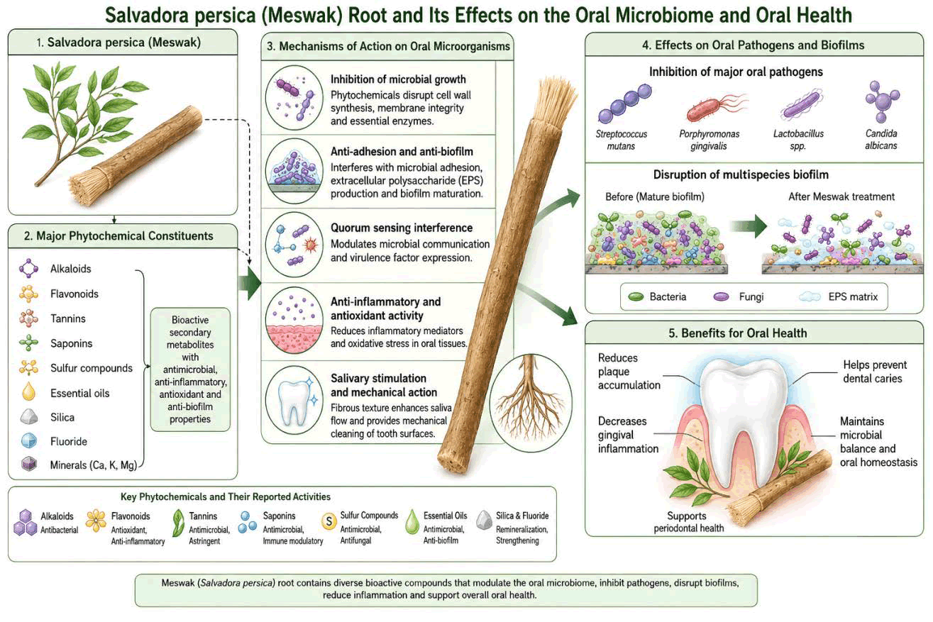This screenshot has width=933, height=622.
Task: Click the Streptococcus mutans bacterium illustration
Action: [625, 104]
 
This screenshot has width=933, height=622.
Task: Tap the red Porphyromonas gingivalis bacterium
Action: [716, 107]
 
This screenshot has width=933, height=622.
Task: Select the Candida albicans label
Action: [881, 140]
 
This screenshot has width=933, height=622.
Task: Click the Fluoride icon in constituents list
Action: [29, 441]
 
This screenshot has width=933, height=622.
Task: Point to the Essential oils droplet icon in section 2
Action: [29, 391]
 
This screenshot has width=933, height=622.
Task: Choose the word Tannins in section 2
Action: [68, 318]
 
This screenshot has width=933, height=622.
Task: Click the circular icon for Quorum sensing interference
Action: [294, 245]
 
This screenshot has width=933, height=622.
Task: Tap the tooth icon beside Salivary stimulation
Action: [294, 401]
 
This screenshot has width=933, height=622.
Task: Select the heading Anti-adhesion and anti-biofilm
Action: [402, 152]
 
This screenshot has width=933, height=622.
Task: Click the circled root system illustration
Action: [531, 402]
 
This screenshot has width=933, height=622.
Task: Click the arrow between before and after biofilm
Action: [749, 226]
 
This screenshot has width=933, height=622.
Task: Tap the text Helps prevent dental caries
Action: [875, 372]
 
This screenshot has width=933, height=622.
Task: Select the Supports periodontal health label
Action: [688, 522]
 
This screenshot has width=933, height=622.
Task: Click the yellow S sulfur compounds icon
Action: [329, 521]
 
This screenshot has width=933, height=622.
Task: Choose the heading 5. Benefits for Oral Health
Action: [738, 333]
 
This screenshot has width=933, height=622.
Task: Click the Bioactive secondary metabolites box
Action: [190, 370]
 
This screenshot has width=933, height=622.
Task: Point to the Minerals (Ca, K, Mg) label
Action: [94, 465]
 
